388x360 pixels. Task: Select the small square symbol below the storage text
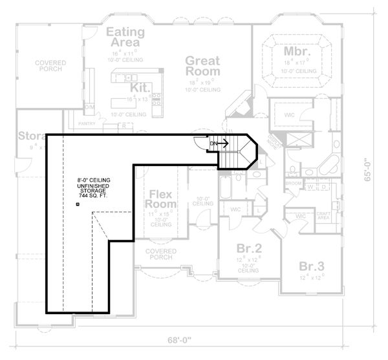tap(77, 204)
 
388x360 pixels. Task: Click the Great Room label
tap(202, 67)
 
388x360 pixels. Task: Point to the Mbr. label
tap(297, 50)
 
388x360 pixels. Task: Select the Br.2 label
tap(248, 248)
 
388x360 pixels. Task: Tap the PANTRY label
tap(87, 122)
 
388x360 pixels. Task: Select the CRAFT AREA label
tap(323, 217)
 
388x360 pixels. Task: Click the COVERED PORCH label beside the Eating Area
tap(50, 67)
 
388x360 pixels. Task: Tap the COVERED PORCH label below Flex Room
tap(160, 254)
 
